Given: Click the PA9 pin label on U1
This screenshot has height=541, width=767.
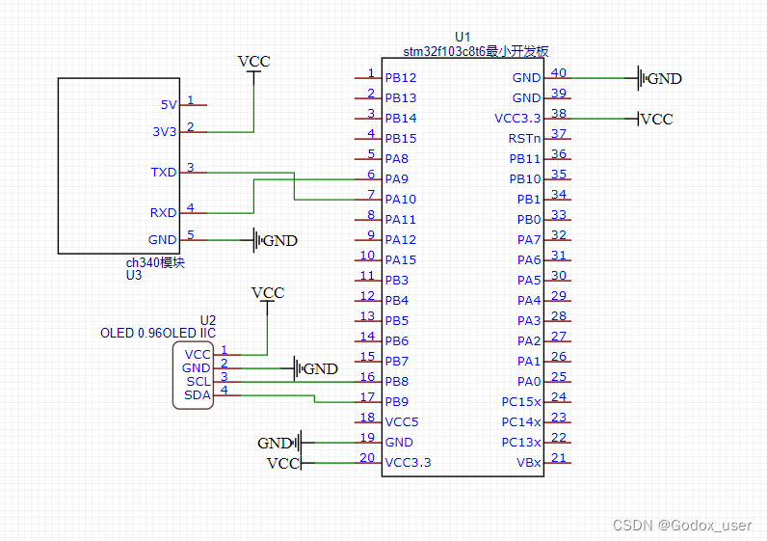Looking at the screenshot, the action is tap(396, 179).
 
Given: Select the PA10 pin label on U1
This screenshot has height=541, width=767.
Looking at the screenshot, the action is tap(400, 200).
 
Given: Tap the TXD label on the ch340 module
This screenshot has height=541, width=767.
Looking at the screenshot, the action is tap(164, 173).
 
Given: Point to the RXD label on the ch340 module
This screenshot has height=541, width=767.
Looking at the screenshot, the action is tap(163, 213).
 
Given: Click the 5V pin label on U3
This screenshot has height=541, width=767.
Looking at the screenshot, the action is tap(169, 105).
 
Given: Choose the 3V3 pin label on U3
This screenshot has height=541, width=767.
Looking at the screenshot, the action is tap(165, 132).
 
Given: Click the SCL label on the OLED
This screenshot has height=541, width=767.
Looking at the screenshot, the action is tap(198, 381).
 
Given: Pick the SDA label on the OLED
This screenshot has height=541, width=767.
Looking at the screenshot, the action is tap(198, 395).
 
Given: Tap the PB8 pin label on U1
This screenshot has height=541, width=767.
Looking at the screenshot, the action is tap(396, 381).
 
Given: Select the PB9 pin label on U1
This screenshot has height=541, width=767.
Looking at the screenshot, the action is tap(396, 402).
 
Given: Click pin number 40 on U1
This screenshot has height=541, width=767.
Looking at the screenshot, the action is tap(559, 73).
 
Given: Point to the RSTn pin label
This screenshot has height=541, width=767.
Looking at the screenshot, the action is tap(524, 139).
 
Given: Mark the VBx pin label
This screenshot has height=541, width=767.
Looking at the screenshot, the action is tap(529, 463).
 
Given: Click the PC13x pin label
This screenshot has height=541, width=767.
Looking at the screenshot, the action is tap(521, 443).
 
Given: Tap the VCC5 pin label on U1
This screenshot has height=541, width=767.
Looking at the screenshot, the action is tap(401, 422).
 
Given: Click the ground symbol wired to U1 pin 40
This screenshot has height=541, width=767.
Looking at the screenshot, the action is tap(659, 78).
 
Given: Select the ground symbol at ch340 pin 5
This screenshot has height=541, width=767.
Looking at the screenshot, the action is tap(275, 240).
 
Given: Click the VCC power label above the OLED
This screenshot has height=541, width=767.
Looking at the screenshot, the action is tap(268, 293).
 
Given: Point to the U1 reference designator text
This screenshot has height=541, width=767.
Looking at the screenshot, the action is tap(463, 38).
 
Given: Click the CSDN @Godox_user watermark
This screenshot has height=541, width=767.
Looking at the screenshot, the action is tap(682, 526).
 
